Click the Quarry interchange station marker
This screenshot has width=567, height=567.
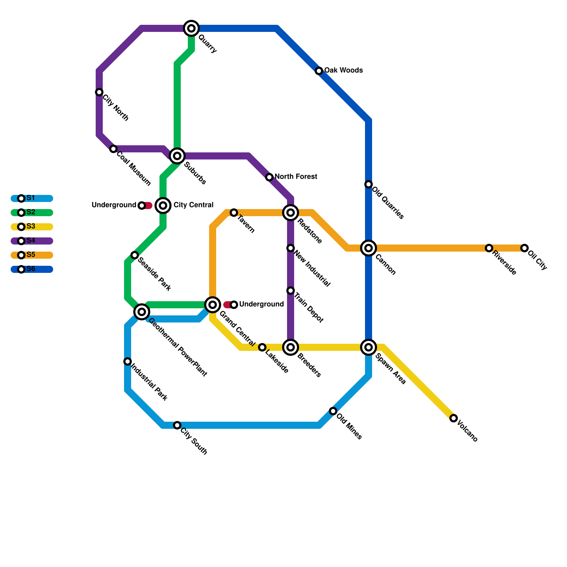pos(191,28)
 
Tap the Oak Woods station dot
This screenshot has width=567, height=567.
pos(319,71)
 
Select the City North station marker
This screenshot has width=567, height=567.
pos(99,92)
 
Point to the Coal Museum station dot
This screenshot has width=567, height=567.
pos(113,149)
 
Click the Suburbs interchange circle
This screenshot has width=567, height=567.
pos(177,156)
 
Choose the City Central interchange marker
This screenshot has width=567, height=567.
pos(163,206)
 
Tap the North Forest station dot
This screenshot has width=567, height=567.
pos(269,177)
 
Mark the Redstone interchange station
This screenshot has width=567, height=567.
pos(291,213)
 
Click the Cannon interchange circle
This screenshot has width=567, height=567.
pos(369,248)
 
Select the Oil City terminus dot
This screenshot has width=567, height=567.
pos(524,248)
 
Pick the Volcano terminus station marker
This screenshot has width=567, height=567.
pos(454,418)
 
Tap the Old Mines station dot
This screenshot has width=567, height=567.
pos(333,411)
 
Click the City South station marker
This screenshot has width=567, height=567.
pos(177,425)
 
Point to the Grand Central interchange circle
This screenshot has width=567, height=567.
pos(213,305)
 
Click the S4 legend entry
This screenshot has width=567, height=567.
pos(31,241)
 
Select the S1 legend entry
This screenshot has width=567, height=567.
pos(31,198)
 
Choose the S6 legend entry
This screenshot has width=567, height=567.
pos(31,269)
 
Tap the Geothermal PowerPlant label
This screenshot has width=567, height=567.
pos(178,347)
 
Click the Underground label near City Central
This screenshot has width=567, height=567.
pos(114,205)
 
